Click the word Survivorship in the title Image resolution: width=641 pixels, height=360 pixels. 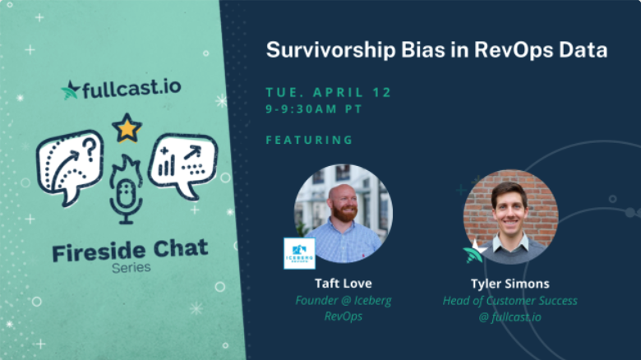(x=331, y=51)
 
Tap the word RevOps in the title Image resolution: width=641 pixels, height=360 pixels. (x=513, y=50)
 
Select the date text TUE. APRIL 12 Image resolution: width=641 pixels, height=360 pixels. (x=329, y=92)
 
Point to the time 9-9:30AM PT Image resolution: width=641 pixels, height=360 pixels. (x=314, y=109)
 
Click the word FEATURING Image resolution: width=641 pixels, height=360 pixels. (x=310, y=140)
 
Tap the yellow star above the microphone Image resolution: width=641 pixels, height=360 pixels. (x=127, y=128)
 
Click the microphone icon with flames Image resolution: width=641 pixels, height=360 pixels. (x=126, y=189)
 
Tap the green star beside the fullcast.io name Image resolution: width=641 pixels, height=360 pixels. (x=71, y=90)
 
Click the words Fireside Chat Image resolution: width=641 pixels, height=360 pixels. (x=130, y=250)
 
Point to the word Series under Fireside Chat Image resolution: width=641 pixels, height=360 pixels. (x=131, y=268)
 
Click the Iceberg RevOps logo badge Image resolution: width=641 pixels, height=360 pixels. (x=300, y=254)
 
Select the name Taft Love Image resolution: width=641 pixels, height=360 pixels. (x=344, y=283)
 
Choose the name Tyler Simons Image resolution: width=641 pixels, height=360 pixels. (x=510, y=284)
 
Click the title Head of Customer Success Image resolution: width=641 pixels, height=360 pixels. (x=510, y=301)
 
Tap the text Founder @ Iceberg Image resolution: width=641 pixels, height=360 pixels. (x=344, y=301)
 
